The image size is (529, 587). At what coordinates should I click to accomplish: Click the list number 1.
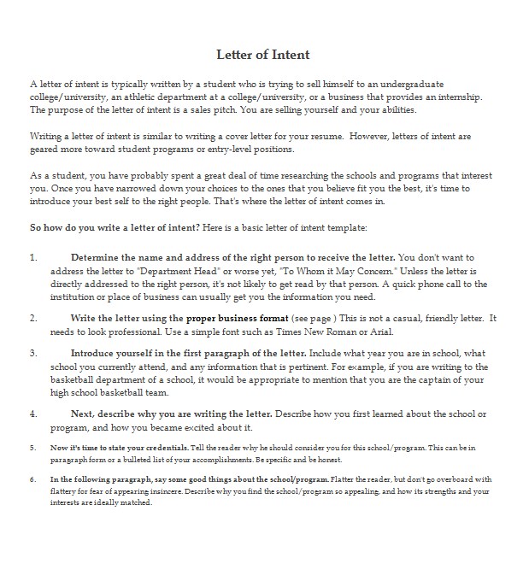(33, 257)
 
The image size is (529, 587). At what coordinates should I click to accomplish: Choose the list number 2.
(33, 318)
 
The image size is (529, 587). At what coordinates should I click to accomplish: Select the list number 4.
(33, 414)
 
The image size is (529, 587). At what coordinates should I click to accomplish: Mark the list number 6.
(33, 479)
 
